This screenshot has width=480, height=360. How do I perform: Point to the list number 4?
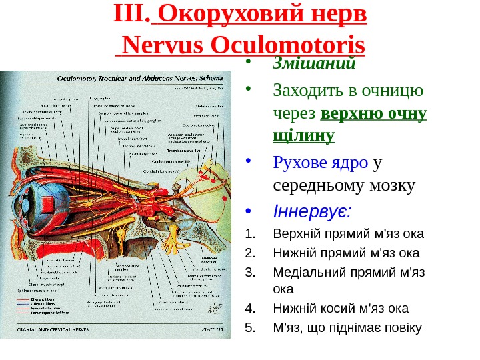pos(251,308)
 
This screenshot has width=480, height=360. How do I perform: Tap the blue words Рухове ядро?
pos(321,163)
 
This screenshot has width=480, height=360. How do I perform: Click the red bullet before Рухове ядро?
pos(250,160)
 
